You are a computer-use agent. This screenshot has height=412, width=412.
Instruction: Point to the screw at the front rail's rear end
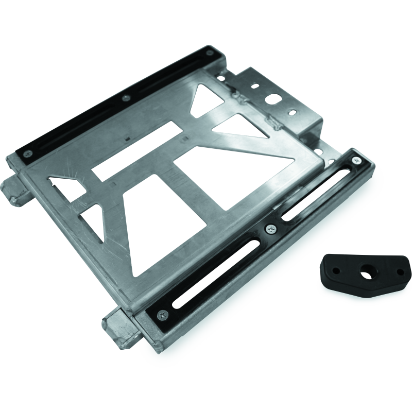tap(356, 161)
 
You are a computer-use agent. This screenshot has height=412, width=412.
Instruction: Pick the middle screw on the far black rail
tap(124, 97)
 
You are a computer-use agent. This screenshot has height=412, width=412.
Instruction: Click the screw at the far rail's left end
tap(28, 153)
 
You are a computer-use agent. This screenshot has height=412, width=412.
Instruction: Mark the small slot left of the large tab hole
tap(256, 87)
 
